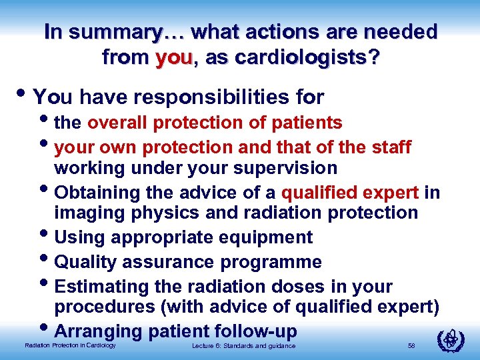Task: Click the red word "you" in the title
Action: click(x=173, y=57)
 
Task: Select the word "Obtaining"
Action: click(x=96, y=193)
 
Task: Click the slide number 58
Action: click(x=411, y=345)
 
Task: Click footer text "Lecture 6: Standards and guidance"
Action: click(x=243, y=345)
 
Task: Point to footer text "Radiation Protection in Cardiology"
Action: click(x=70, y=345)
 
